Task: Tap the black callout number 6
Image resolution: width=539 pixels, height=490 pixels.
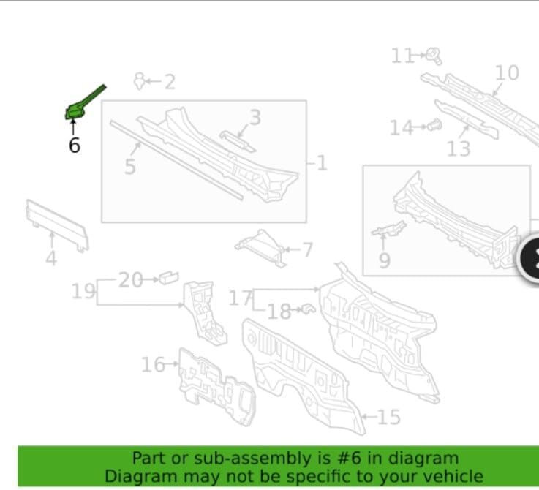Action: pos(75,145)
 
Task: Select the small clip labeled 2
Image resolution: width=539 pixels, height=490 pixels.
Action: pos(139,81)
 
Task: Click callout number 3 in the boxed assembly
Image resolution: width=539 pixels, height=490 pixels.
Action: pos(255,117)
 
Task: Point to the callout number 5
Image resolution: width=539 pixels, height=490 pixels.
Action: pos(130,167)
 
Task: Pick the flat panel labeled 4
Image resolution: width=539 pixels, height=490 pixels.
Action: pos(57,225)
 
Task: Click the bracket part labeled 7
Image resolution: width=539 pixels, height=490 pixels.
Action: pos(260,248)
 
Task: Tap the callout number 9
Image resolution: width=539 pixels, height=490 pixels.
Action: pos(385,260)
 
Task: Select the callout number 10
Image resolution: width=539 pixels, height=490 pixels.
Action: pos(507,73)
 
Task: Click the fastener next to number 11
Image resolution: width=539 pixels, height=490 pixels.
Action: pos(434,56)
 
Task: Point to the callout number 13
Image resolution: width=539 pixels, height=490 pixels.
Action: pos(459,149)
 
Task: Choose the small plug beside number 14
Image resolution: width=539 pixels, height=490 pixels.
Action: pos(435,125)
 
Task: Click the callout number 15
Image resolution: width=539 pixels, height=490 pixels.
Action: pos(389,417)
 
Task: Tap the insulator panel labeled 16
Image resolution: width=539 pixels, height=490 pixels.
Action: pos(216,387)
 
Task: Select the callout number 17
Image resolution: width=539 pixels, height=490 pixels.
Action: pos(241,298)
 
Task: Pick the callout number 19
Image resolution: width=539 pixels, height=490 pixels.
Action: pos(83,291)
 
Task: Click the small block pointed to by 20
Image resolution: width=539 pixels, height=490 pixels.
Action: pos(168,277)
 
